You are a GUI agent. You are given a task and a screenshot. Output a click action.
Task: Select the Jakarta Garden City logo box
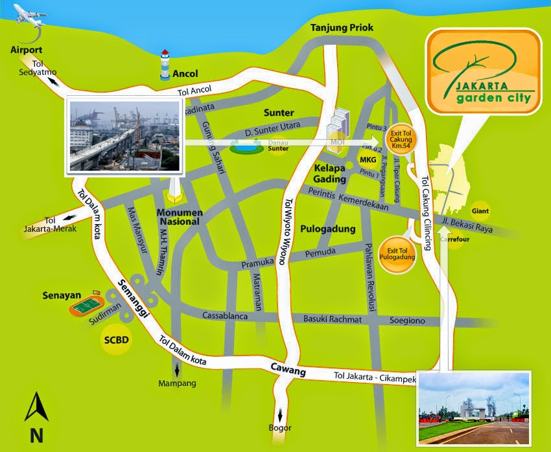(x=482, y=71)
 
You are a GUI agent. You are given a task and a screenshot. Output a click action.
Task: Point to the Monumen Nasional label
(x=180, y=216)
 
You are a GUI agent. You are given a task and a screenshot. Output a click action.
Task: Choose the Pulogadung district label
(x=328, y=229)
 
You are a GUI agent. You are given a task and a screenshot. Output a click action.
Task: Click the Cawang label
(x=288, y=370)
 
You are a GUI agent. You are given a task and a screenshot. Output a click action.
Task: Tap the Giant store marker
(x=480, y=210)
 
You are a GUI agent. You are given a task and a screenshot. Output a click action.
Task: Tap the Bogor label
(x=281, y=427)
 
